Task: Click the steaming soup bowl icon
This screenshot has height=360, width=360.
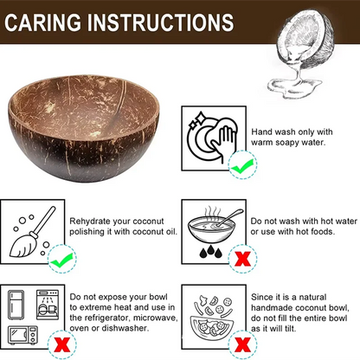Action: [213, 222]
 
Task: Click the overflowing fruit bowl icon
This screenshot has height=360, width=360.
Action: [213, 316]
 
